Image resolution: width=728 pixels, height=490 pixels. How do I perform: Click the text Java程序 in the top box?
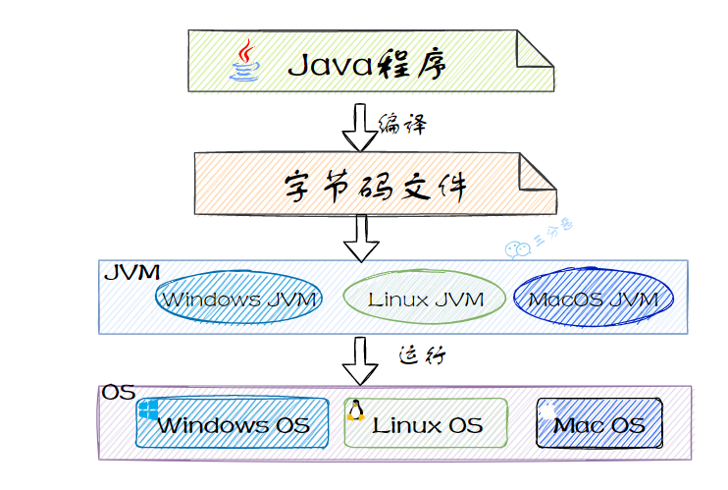point(367,65)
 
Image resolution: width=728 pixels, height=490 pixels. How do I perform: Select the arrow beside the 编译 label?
point(360,124)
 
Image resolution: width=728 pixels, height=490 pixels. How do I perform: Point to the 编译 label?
point(402,124)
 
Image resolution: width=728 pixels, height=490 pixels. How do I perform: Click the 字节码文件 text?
point(368,185)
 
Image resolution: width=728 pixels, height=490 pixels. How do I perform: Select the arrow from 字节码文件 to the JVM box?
point(360,237)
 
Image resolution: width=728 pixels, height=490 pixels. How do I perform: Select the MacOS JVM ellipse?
point(594,299)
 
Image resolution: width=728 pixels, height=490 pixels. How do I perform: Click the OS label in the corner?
point(118,393)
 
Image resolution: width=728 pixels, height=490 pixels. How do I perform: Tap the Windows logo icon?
point(148,408)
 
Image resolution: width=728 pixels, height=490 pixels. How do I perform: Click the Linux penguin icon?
point(355,410)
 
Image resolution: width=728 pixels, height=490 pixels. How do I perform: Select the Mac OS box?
point(599,425)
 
